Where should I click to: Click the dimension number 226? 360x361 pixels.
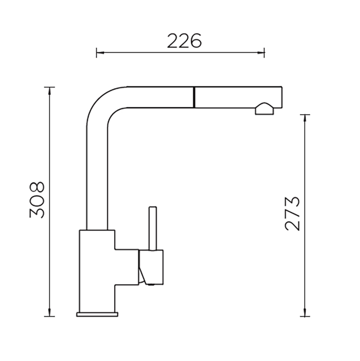[184, 41]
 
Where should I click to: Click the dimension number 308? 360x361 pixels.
[37, 200]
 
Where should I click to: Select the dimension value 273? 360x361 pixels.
[292, 214]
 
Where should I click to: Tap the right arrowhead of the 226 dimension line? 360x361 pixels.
[261, 53]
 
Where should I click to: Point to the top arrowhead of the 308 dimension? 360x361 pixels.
[50, 92]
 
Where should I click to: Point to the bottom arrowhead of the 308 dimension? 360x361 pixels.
[50, 312]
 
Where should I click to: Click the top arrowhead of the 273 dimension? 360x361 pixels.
[305, 119]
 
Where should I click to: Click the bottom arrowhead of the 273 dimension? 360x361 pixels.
[305, 312]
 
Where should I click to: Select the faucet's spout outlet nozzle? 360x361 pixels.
[264, 109]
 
